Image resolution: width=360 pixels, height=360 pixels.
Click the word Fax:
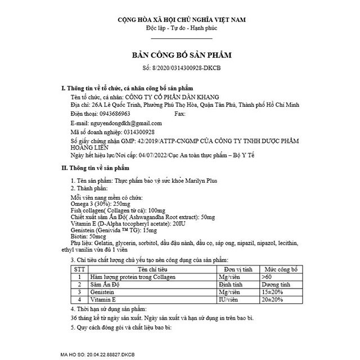[181, 114]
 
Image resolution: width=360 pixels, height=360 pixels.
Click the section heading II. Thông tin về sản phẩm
[96, 168]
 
